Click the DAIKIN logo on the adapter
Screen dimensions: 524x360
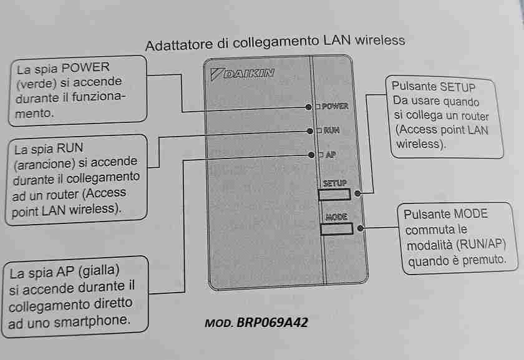pos(242,73)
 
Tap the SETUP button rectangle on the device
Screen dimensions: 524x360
pos(334,194)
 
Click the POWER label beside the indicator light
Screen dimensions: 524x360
pos(335,106)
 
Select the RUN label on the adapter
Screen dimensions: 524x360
pos(331,130)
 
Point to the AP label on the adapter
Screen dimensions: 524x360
pos(331,155)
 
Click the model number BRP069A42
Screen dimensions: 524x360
pos(272,322)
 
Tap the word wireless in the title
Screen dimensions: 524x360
pos(380,40)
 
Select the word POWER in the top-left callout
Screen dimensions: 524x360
pos(85,67)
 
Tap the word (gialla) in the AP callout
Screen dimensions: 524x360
pos(99,270)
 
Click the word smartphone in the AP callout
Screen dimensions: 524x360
pos(92,321)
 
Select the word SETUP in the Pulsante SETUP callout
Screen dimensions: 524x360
pos(457,87)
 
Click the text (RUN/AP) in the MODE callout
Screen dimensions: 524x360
pos(481,245)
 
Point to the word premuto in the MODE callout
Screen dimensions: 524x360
pos(484,260)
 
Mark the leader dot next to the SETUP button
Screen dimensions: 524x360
pos(357,193)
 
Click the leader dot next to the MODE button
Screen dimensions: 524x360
pos(361,228)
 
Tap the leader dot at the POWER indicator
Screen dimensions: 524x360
pos(308,107)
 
